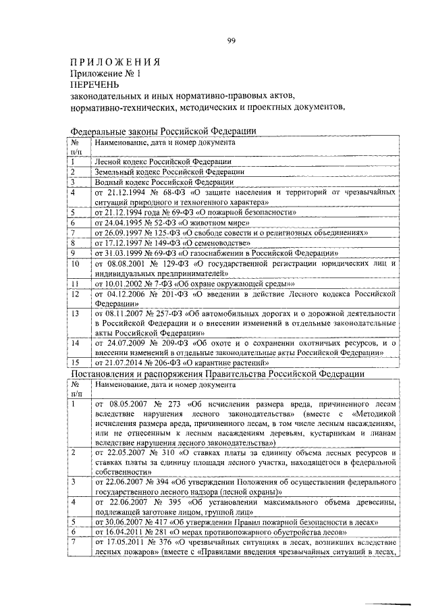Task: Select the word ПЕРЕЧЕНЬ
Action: (x=94, y=84)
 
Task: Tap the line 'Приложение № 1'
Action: (x=107, y=74)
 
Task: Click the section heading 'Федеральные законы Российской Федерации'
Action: (x=163, y=132)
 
